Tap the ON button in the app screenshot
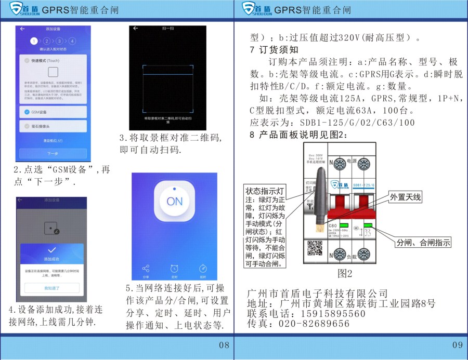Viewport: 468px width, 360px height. [x=175, y=201]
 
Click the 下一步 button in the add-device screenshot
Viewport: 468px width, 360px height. [x=53, y=154]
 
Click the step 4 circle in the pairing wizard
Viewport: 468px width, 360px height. [x=72, y=41]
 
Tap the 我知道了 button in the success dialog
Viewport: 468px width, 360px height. [x=51, y=287]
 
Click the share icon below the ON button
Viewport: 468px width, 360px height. [x=146, y=269]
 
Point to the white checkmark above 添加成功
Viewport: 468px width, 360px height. [x=51, y=250]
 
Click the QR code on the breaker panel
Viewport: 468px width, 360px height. [x=315, y=249]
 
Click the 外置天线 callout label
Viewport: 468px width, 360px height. [x=407, y=197]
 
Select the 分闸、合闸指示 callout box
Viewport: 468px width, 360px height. [x=423, y=243]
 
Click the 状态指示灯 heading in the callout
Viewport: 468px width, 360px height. [x=265, y=191]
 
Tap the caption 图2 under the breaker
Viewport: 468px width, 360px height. [x=345, y=273]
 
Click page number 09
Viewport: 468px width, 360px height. [x=457, y=345]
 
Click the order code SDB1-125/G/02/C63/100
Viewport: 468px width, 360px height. [x=357, y=123]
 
